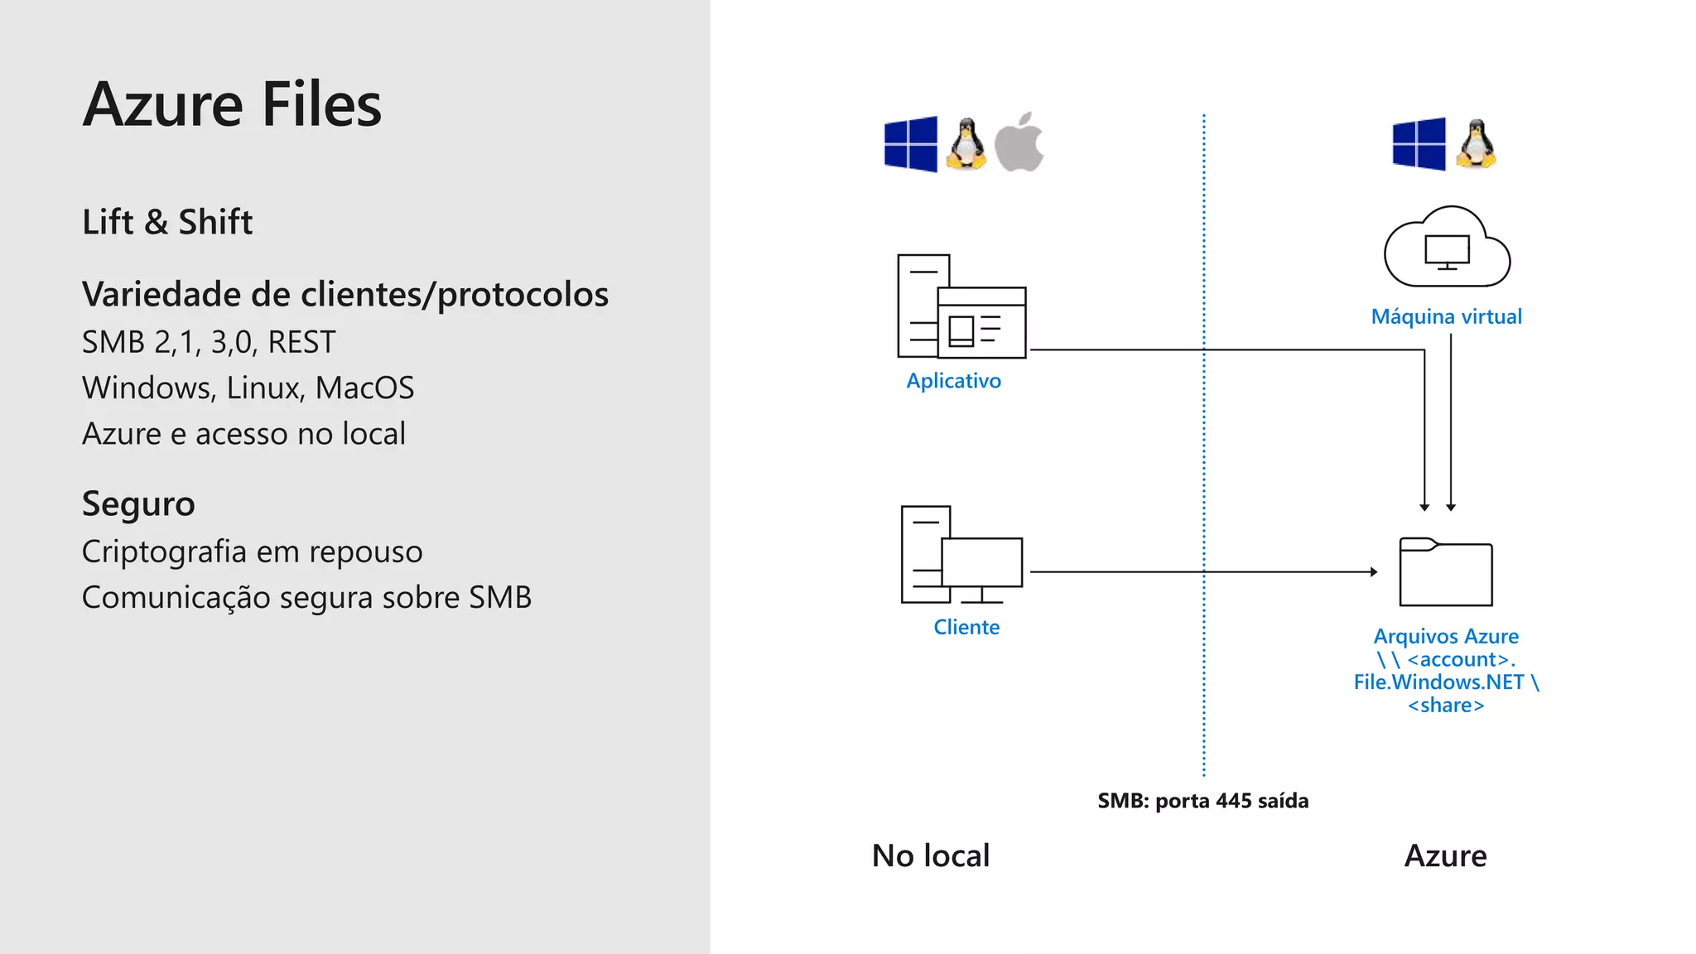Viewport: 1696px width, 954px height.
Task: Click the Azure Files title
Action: [232, 105]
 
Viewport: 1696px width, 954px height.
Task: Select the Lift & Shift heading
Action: [167, 222]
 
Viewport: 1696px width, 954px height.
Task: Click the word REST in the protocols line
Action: [301, 342]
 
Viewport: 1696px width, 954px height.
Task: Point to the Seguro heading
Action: [138, 504]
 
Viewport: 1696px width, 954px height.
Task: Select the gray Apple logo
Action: [1019, 143]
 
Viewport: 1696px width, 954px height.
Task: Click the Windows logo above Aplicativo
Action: [911, 144]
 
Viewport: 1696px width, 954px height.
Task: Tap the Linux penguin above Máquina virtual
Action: [1477, 144]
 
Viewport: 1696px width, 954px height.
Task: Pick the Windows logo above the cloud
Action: [1419, 144]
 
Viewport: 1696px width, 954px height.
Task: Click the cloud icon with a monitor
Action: [1447, 248]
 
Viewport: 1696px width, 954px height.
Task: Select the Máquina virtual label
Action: [1446, 316]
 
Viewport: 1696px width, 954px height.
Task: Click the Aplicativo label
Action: [953, 381]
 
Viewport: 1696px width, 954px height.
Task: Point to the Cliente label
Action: [966, 627]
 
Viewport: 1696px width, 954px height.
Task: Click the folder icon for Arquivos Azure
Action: [1446, 572]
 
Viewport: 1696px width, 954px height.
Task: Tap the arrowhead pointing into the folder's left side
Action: [1374, 571]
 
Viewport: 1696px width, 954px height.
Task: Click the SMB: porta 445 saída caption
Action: [1202, 801]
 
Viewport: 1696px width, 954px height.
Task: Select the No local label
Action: [931, 855]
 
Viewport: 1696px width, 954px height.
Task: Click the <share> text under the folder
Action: [1446, 706]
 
